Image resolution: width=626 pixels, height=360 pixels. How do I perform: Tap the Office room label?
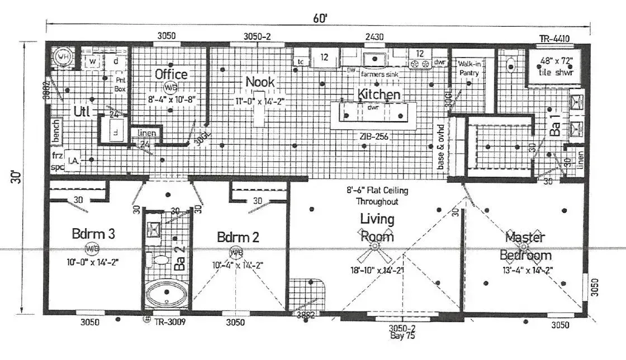[x=171, y=74]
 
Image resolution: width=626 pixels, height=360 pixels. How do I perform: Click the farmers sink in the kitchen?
[x=372, y=59]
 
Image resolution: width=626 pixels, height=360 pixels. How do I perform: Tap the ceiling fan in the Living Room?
[x=374, y=246]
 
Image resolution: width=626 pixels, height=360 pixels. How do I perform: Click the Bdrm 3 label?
[x=93, y=234]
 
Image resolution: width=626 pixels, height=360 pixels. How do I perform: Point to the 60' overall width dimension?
[x=320, y=18]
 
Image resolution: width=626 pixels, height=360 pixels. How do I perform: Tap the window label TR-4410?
[x=554, y=39]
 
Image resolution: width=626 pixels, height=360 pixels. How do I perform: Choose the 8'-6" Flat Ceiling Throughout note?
[x=376, y=196]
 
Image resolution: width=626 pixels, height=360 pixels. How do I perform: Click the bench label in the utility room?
[x=55, y=130]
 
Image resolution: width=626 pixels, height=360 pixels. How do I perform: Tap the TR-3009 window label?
[x=170, y=322]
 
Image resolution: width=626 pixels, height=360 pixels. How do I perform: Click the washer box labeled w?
[x=93, y=61]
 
